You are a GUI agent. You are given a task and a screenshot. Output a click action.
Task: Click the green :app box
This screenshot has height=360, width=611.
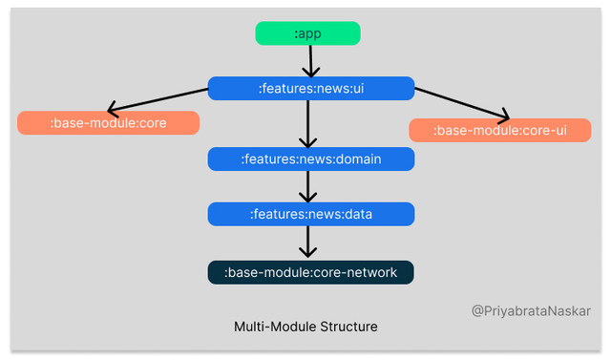[307, 33]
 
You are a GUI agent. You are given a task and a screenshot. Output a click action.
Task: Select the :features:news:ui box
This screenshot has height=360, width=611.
[311, 89]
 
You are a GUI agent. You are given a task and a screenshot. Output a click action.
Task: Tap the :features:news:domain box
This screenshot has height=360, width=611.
[311, 159]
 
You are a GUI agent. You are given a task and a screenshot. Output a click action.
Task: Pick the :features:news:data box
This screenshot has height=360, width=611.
[311, 214]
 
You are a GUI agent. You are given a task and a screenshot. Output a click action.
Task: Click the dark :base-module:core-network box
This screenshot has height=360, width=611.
[311, 272]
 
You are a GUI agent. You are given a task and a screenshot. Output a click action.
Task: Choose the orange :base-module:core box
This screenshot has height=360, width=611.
[108, 123]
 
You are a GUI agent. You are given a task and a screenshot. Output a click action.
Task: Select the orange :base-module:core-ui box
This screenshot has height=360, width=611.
[500, 130]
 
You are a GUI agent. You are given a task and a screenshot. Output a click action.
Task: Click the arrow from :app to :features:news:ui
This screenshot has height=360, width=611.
[307, 60]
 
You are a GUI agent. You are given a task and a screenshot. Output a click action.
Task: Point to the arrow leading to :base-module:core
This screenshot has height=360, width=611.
[158, 100]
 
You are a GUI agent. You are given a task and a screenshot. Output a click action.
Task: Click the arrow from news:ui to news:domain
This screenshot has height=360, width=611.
[307, 123]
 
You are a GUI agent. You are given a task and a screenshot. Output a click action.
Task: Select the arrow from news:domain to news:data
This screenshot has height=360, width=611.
[307, 186]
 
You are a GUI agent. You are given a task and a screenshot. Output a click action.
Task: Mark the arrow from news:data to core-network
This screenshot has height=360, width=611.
[307, 243]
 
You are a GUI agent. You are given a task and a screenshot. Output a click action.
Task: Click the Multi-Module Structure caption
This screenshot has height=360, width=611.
[305, 327]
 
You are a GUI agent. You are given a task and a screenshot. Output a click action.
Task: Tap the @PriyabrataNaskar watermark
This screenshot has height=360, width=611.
[532, 310]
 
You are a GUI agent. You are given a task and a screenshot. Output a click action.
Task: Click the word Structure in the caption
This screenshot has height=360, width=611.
[348, 327]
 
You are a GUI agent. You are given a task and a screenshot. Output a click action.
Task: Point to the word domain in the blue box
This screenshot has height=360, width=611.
[357, 159]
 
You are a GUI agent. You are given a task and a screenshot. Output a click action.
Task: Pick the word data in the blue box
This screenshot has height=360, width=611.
[356, 214]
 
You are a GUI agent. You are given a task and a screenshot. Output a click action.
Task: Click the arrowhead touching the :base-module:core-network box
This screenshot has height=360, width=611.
[307, 253]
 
